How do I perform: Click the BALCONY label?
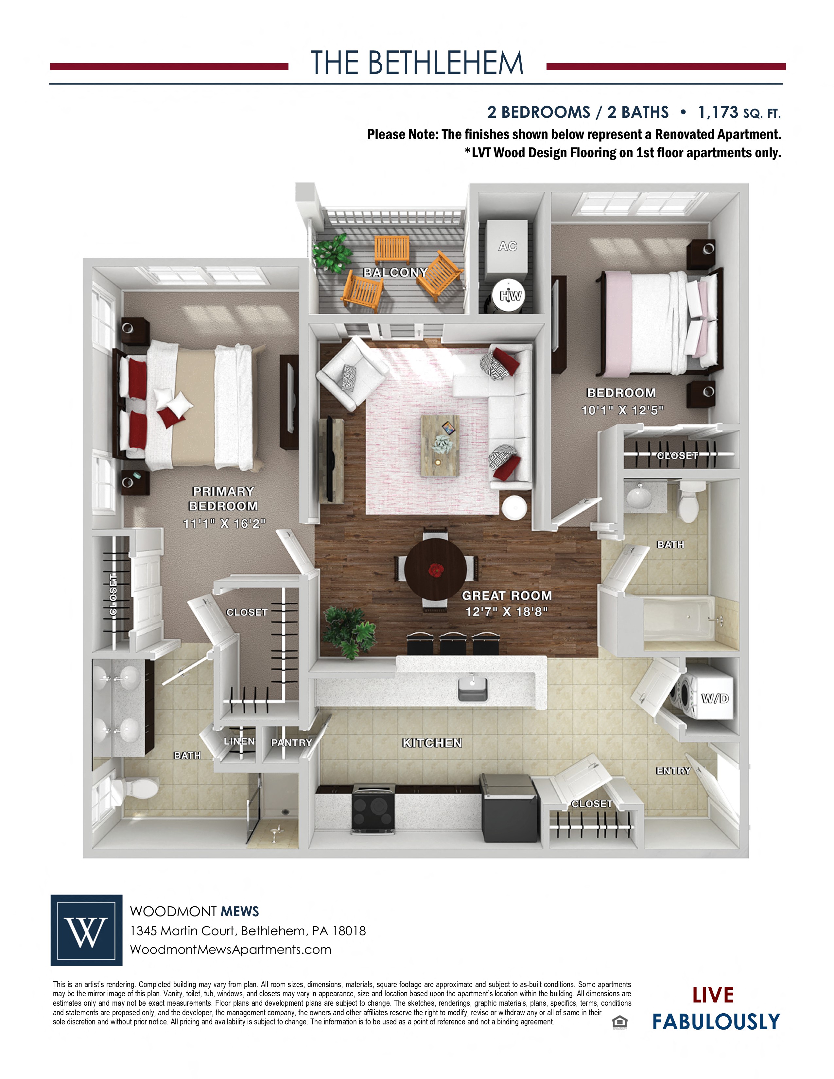tap(395, 272)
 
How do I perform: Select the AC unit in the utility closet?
tap(507, 249)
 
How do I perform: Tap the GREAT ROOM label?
tap(506, 595)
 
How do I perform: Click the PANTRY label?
tap(291, 742)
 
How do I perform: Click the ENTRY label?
tap(673, 771)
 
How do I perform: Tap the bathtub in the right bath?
tap(679, 618)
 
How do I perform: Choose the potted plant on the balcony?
tap(332, 252)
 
